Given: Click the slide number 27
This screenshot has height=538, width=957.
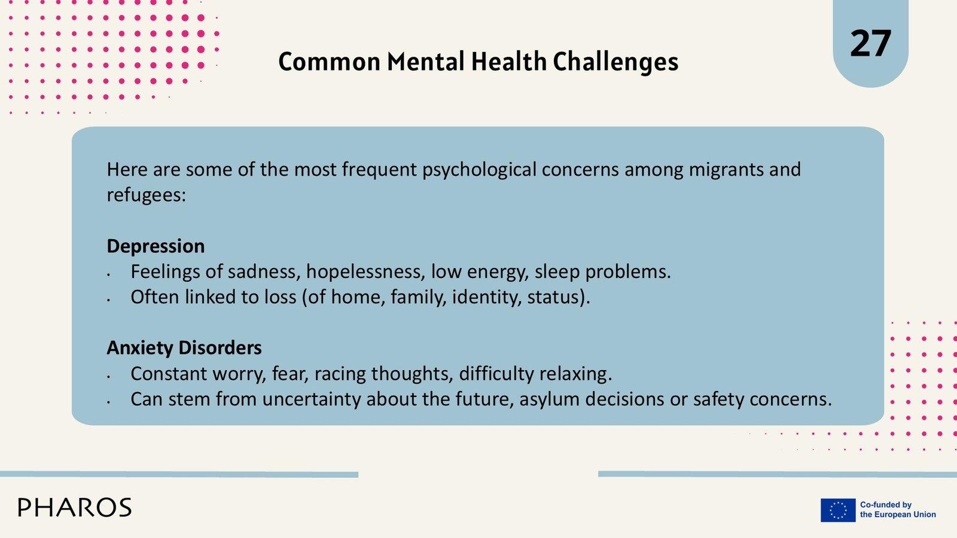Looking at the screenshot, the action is [870, 43].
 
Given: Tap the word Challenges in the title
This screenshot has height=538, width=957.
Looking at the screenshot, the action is [615, 62].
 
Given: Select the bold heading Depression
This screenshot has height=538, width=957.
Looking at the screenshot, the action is [156, 246].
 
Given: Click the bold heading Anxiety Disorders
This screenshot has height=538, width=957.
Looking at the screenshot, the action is [184, 347].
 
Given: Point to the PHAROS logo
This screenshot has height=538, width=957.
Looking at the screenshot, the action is [75, 508].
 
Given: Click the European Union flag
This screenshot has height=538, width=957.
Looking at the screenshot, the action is [838, 511].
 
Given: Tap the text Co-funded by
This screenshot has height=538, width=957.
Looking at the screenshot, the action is [886, 505].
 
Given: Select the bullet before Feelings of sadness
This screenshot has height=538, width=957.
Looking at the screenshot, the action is [109, 274].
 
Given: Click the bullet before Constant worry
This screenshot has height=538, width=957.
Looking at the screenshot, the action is [109, 377].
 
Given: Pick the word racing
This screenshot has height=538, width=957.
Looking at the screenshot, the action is [340, 374].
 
